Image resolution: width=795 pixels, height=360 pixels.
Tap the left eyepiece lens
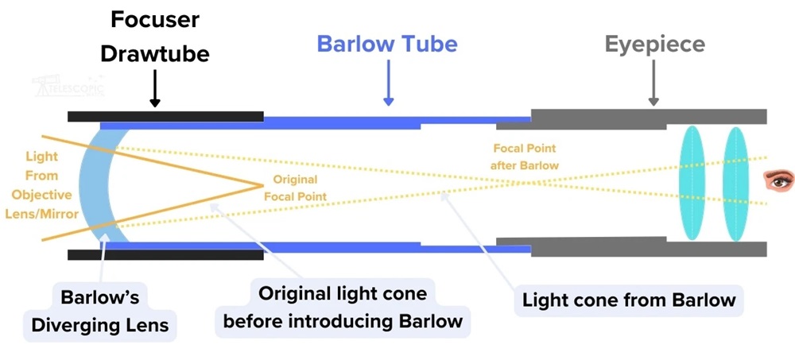(x=690, y=182)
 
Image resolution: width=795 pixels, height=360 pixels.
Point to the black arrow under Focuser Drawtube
(x=155, y=89)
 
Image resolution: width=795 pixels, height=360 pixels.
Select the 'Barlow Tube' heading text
(x=387, y=43)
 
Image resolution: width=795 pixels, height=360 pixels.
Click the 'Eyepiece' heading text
(x=654, y=43)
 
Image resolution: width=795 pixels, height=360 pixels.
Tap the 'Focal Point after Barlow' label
(x=524, y=157)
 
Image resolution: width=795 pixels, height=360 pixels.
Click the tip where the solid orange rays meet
(x=262, y=185)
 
